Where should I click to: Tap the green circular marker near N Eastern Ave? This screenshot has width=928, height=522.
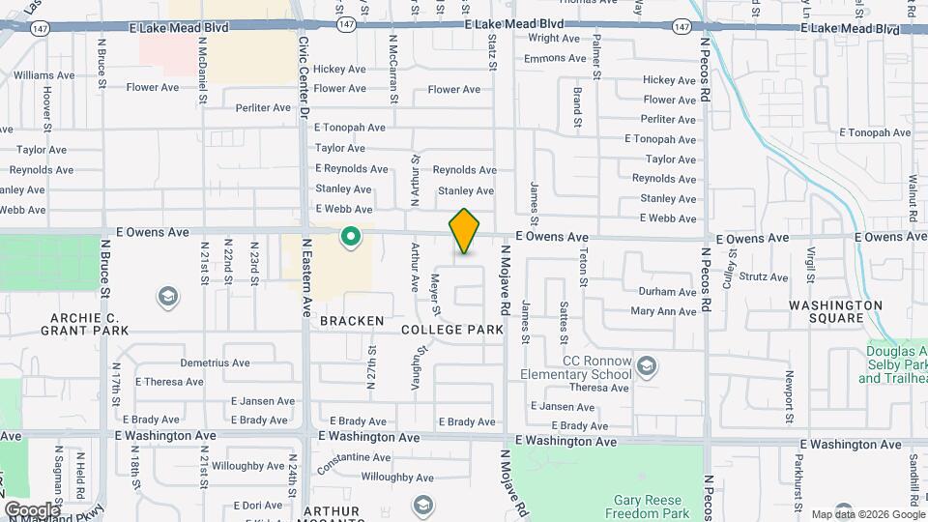click(350, 236)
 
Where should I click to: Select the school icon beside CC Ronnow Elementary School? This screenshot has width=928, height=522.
click(647, 365)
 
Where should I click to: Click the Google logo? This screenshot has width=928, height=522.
click(31, 509)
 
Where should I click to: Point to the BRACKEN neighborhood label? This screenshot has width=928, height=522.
click(352, 320)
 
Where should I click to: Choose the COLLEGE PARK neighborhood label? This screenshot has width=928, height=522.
click(453, 330)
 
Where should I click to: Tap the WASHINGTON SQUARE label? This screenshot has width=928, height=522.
click(836, 311)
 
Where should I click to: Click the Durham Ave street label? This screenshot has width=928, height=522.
click(667, 292)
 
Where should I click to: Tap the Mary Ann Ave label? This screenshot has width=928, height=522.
click(663, 311)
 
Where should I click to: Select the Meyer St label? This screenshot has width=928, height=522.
click(436, 294)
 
